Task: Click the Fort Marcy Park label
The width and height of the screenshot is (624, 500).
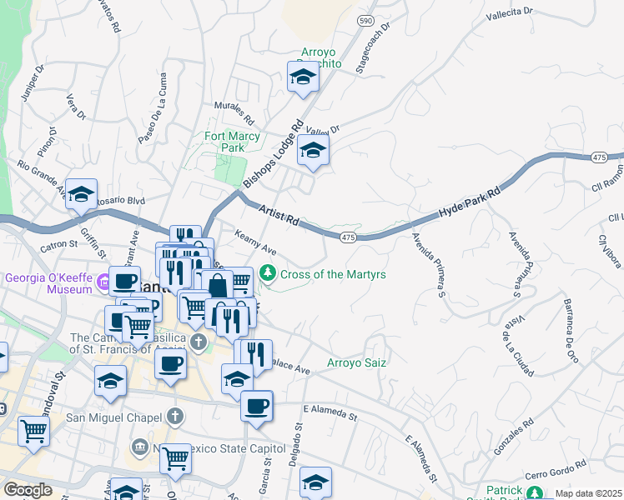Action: click(225, 141)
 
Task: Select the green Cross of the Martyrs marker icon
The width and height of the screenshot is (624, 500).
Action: click(268, 272)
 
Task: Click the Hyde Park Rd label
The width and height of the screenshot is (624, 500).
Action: click(470, 203)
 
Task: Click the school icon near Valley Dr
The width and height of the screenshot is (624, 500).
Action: click(314, 151)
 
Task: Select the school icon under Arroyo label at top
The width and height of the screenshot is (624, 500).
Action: click(303, 78)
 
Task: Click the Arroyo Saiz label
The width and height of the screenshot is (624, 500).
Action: click(356, 363)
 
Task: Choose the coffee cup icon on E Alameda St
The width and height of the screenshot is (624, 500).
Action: click(256, 406)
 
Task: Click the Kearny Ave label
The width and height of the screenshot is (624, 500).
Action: click(254, 243)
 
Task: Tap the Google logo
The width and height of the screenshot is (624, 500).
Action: click(28, 490)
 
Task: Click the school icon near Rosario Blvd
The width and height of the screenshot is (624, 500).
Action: click(81, 194)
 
